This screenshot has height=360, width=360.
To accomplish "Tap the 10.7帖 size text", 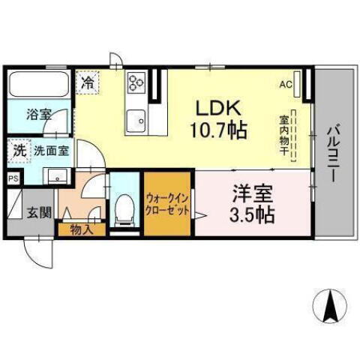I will (217, 130).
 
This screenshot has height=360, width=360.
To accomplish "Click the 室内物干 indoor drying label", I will (285, 135).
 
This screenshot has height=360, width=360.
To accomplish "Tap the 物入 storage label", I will (82, 229).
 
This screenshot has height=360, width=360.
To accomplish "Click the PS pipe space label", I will (13, 178).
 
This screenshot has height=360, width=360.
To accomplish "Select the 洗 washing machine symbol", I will (19, 150).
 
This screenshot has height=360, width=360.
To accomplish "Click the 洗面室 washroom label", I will (52, 150).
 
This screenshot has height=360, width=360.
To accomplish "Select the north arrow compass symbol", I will (328, 304).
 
